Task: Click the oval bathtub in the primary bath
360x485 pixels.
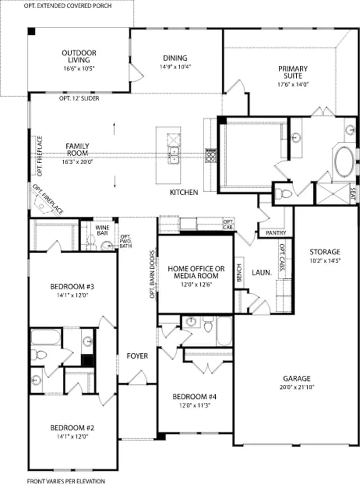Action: click(344, 162)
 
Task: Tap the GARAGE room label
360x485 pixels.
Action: click(296, 378)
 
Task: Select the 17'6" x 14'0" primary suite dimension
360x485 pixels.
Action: click(293, 84)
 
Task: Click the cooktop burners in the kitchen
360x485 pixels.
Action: click(211, 155)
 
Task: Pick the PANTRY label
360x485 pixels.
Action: click(276, 233)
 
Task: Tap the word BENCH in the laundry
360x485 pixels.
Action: click(240, 272)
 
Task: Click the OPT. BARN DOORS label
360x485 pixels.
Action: click(152, 275)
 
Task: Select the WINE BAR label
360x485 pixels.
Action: click(102, 231)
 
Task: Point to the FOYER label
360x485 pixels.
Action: click(137, 356)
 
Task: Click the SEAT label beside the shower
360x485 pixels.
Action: click(353, 194)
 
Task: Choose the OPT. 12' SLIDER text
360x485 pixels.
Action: click(79, 98)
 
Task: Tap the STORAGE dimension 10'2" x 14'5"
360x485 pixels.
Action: click(325, 261)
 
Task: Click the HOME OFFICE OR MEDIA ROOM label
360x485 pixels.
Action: click(196, 272)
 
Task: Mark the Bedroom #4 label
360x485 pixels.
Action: click(195, 397)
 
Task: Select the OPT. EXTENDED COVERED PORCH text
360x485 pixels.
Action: click(67, 6)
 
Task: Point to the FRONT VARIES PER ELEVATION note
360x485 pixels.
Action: click(66, 481)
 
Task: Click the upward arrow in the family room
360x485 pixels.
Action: click(114, 128)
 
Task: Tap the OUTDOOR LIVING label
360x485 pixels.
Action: click(79, 56)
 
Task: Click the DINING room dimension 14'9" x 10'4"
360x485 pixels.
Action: click(175, 66)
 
